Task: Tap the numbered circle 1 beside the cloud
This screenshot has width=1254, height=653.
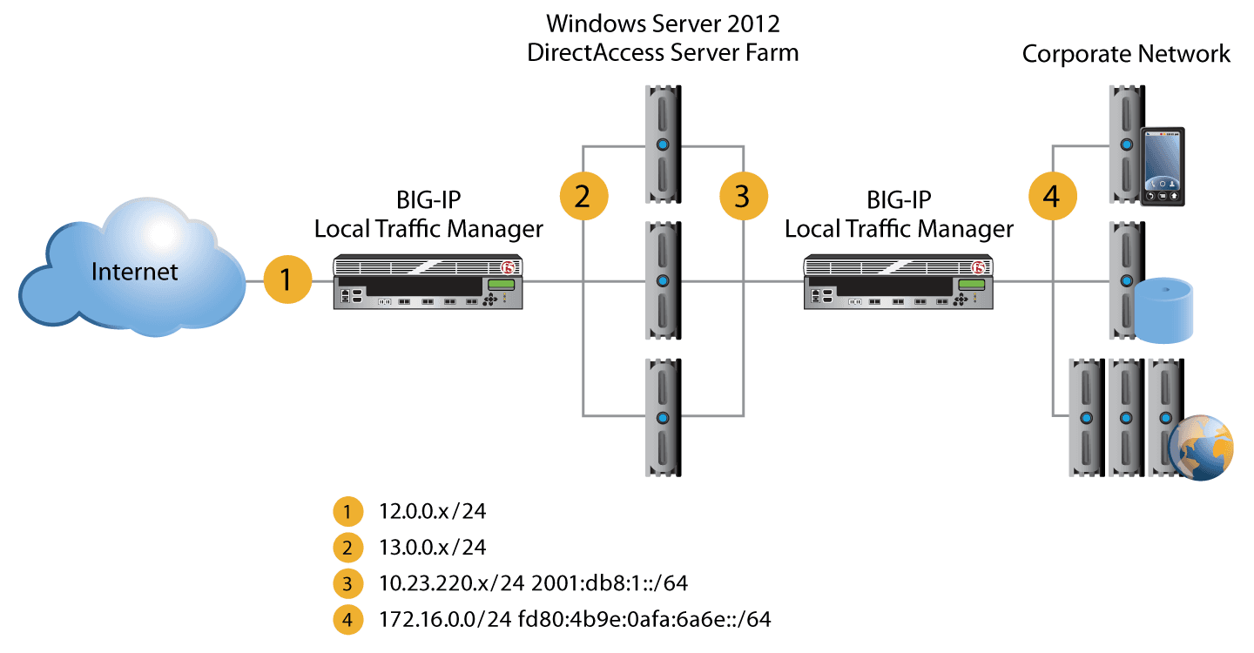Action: (x=287, y=279)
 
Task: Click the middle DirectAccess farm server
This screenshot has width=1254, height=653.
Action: (x=663, y=280)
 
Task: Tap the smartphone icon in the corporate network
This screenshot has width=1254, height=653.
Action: (x=1163, y=165)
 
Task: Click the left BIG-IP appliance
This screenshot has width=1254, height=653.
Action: (x=427, y=283)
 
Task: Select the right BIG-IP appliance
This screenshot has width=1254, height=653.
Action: (x=898, y=283)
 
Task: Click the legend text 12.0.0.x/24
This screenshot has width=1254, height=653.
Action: (x=433, y=511)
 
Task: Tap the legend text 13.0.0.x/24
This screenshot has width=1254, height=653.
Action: (x=433, y=548)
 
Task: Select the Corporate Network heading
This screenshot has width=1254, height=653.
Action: (x=1125, y=54)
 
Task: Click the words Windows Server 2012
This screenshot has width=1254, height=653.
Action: (x=663, y=21)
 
